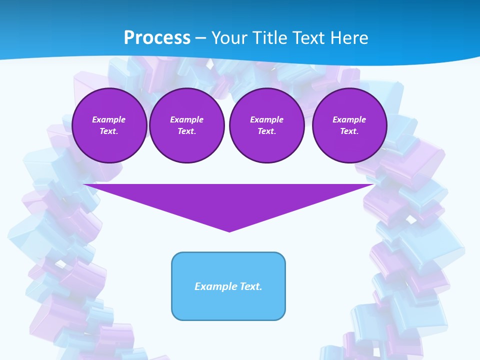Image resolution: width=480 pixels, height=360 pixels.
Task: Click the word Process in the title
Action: pyautogui.click(x=157, y=38)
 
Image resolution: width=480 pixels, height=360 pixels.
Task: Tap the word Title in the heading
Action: pyautogui.click(x=270, y=38)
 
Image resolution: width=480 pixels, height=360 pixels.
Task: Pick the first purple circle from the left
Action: pyautogui.click(x=109, y=125)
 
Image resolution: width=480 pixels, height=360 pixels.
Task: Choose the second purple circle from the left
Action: pyautogui.click(x=187, y=125)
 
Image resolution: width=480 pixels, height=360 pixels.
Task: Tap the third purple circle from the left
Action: pyautogui.click(x=267, y=125)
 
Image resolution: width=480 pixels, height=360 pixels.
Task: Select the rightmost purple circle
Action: pyautogui.click(x=349, y=125)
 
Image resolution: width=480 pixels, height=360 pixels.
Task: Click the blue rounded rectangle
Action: pyautogui.click(x=228, y=286)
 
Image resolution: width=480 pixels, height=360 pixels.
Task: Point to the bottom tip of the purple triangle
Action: pyautogui.click(x=229, y=231)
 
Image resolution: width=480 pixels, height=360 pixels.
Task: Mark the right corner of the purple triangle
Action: pyautogui.click(x=373, y=185)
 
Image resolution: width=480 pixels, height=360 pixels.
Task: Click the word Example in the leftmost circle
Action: pyautogui.click(x=109, y=119)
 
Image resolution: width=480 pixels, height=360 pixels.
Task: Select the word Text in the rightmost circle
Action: pyautogui.click(x=349, y=131)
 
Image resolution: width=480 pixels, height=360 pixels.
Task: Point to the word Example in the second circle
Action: pyautogui.click(x=187, y=119)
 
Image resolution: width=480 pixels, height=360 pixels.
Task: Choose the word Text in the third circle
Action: pyautogui.click(x=266, y=131)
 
